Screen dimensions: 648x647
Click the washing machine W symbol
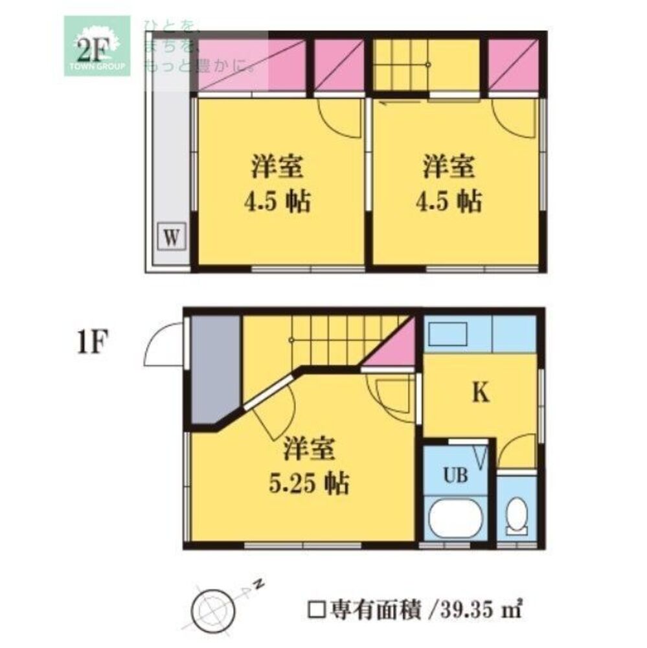point(171,235)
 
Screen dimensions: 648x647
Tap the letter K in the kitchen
point(479,393)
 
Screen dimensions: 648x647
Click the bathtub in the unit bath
point(457,519)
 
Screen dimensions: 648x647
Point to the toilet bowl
point(517,516)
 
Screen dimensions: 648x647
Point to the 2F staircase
point(427,65)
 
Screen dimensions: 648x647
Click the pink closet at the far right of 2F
point(513,65)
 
